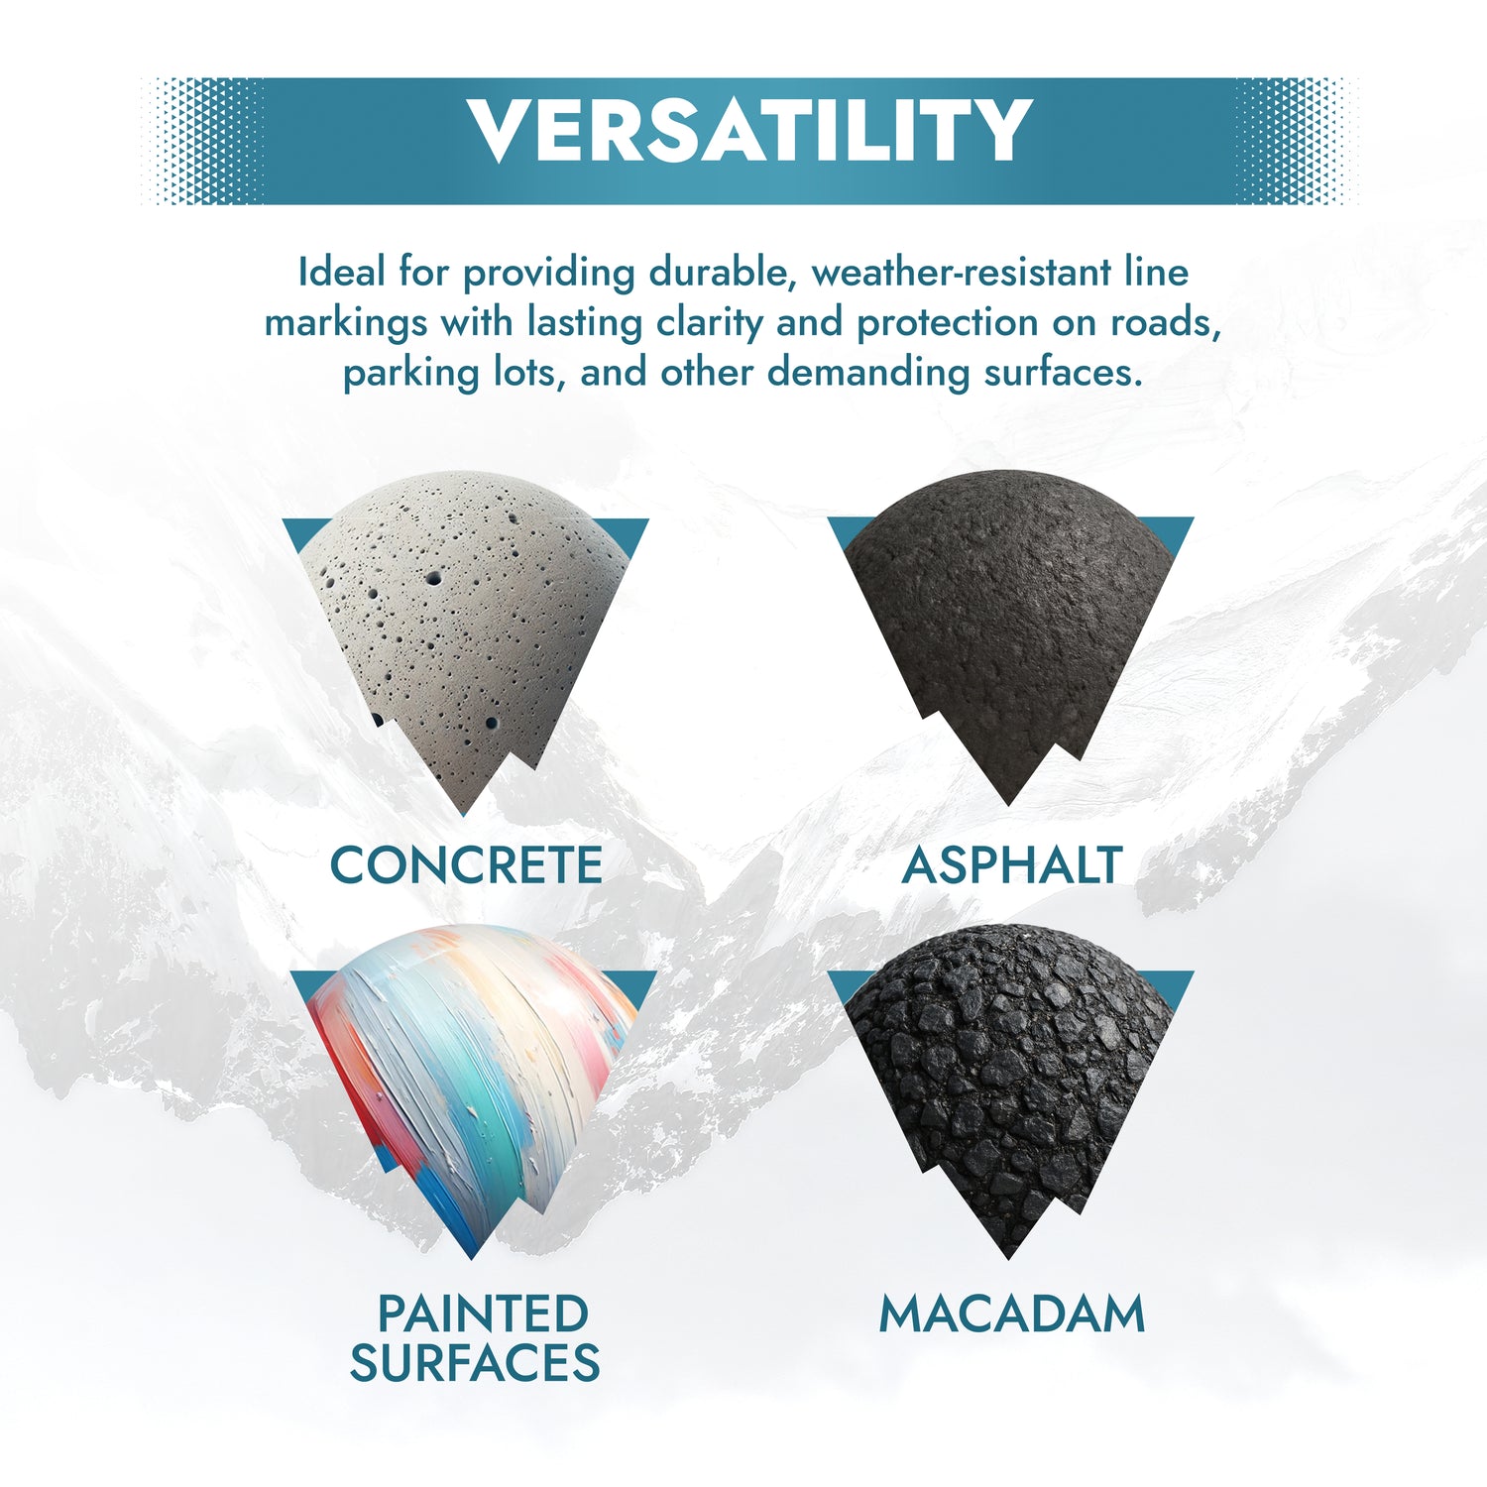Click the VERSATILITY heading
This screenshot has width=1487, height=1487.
click(x=750, y=130)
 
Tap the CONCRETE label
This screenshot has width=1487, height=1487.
click(x=466, y=864)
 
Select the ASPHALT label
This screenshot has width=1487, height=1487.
click(x=1012, y=864)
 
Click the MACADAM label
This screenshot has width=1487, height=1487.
click(x=1012, y=1314)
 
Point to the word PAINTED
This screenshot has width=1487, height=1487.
click(x=484, y=1314)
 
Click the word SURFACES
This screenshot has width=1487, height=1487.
click(x=475, y=1362)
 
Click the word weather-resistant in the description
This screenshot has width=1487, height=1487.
click(x=962, y=272)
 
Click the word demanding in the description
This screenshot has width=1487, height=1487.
click(x=868, y=374)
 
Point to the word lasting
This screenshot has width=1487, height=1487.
click(x=585, y=323)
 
